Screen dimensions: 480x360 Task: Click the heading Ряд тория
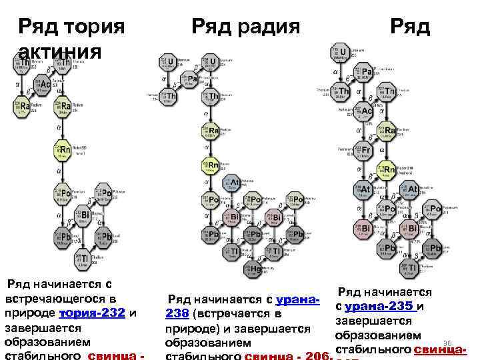tap(72, 27)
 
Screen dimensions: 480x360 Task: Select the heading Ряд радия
tap(245, 27)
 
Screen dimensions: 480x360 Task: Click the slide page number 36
tap(447, 342)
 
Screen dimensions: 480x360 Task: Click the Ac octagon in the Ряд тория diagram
tap(44, 85)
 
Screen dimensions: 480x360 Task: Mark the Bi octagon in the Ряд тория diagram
tap(83, 215)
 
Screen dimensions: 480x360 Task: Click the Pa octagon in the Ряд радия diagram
tap(191, 79)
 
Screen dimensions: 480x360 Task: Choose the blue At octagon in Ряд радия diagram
tap(233, 182)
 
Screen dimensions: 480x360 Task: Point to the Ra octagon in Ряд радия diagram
tap(212, 130)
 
